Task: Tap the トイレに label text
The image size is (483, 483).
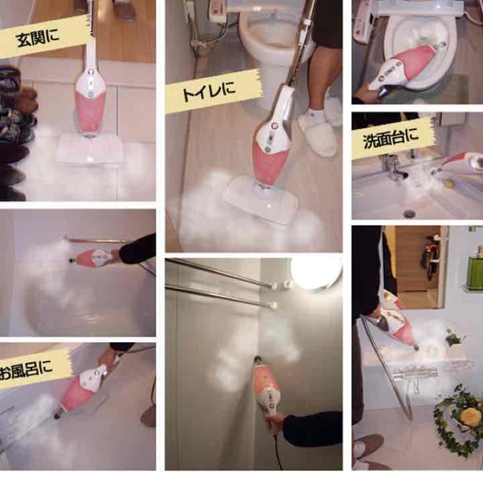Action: pos(209,91)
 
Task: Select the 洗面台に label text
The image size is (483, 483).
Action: pos(391,138)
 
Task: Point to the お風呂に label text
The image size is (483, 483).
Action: pos(25,370)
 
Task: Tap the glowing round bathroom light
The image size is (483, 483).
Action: pos(317,273)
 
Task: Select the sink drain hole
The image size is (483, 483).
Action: pos(409,213)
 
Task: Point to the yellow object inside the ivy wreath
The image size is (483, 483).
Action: pos(470,415)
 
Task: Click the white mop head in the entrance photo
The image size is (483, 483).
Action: pos(89,150)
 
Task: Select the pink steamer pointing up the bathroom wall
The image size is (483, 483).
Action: pos(267,388)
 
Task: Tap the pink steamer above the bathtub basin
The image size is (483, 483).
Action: pos(93,258)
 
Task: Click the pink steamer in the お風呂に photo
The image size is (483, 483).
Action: pos(82,390)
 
